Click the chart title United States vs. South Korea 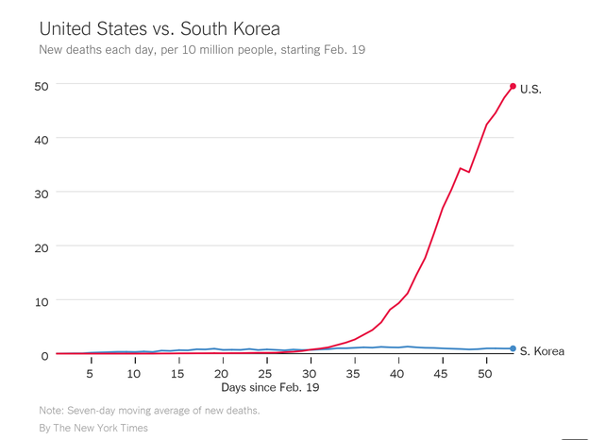pos(160,25)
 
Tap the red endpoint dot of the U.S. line pos(513,86)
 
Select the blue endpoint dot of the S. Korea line pos(513,348)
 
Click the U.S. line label pos(531,89)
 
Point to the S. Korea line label pos(543,351)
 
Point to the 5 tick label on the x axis pos(90,374)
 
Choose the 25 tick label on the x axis pos(264,374)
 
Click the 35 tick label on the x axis pos(353,374)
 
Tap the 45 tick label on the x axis pos(441,374)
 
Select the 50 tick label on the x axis pos(485,374)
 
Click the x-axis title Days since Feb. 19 pos(271,387)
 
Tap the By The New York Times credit pos(93,428)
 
